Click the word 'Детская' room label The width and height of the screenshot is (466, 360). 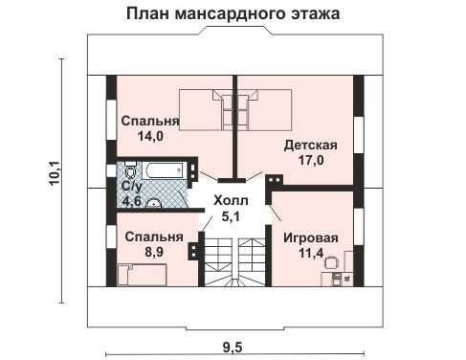click(310, 146)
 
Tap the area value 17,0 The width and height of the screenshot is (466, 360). click(310, 161)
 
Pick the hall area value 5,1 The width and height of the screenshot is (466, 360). click(229, 216)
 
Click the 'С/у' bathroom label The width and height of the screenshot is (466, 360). click(131, 187)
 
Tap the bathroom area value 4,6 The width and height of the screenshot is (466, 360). click(130, 202)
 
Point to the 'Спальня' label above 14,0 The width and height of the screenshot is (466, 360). click(150, 122)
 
